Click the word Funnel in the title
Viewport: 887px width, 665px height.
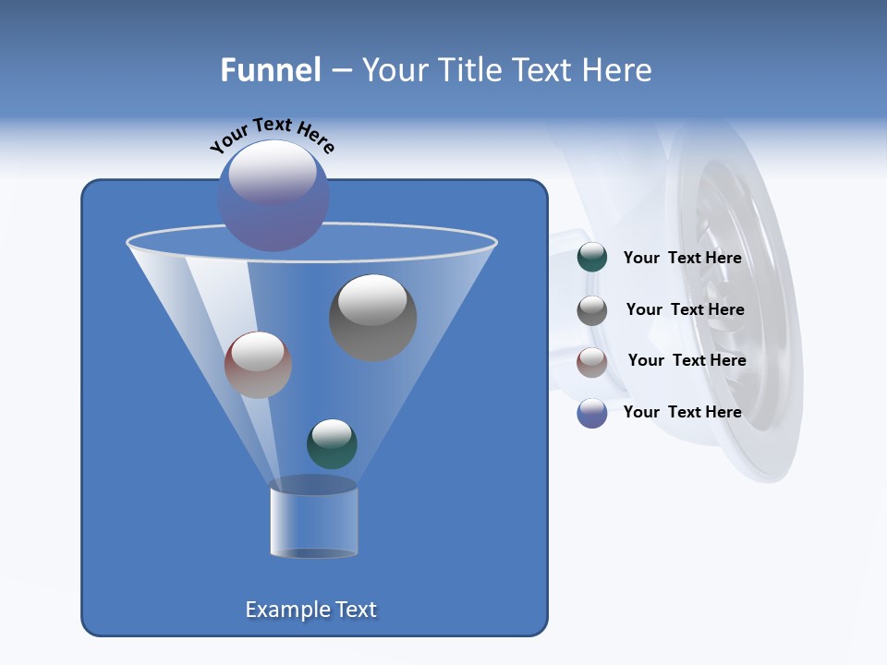(271, 70)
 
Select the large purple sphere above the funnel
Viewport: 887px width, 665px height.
(273, 196)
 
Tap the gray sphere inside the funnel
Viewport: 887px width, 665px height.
(372, 318)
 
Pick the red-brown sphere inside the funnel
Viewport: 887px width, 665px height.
(258, 365)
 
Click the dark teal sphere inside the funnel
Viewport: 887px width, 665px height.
(332, 444)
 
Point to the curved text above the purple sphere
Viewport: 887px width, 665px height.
(272, 134)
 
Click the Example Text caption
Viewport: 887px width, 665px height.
(310, 610)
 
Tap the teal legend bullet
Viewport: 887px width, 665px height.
(591, 258)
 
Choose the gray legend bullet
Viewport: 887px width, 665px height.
(591, 310)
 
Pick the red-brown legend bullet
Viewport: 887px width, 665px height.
(591, 362)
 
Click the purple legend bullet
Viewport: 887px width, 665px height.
(591, 413)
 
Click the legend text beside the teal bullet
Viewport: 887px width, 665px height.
(682, 259)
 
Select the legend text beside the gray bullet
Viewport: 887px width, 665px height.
(685, 310)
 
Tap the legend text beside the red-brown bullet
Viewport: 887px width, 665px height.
(687, 360)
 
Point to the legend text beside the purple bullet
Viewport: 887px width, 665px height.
(682, 412)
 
